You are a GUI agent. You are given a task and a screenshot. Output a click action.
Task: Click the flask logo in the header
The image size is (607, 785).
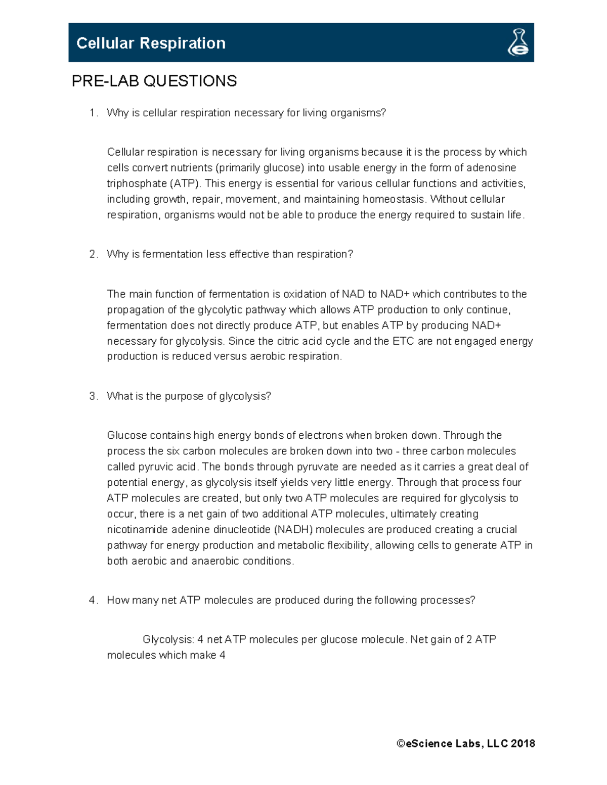click(518, 42)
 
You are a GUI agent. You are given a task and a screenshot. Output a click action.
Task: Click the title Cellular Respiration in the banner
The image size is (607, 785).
click(151, 43)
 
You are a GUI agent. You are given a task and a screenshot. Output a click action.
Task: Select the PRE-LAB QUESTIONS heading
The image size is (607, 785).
click(154, 81)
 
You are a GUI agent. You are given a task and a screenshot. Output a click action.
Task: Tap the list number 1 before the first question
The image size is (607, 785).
click(93, 113)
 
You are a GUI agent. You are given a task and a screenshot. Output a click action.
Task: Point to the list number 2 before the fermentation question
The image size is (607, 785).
click(93, 254)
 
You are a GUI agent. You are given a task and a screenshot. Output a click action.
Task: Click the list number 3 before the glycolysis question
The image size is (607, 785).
click(93, 396)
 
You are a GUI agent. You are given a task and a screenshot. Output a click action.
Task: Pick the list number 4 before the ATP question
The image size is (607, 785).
click(93, 601)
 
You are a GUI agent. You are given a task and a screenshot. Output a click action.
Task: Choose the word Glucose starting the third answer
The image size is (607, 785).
click(126, 436)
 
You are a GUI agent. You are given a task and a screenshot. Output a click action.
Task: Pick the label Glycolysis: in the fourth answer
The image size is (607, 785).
click(168, 640)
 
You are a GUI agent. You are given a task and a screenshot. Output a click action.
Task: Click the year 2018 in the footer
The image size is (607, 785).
click(523, 744)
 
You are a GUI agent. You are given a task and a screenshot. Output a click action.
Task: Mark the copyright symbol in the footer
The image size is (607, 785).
click(401, 744)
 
